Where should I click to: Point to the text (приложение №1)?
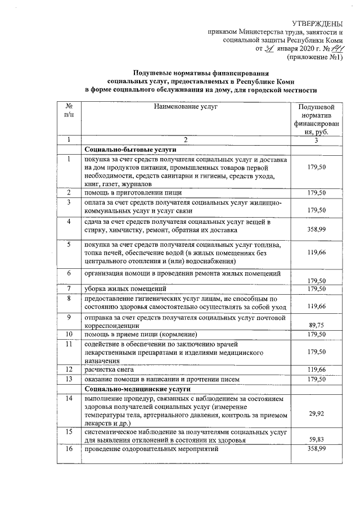(315, 57)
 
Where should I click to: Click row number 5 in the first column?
(68, 245)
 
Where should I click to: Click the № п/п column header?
(68, 110)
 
